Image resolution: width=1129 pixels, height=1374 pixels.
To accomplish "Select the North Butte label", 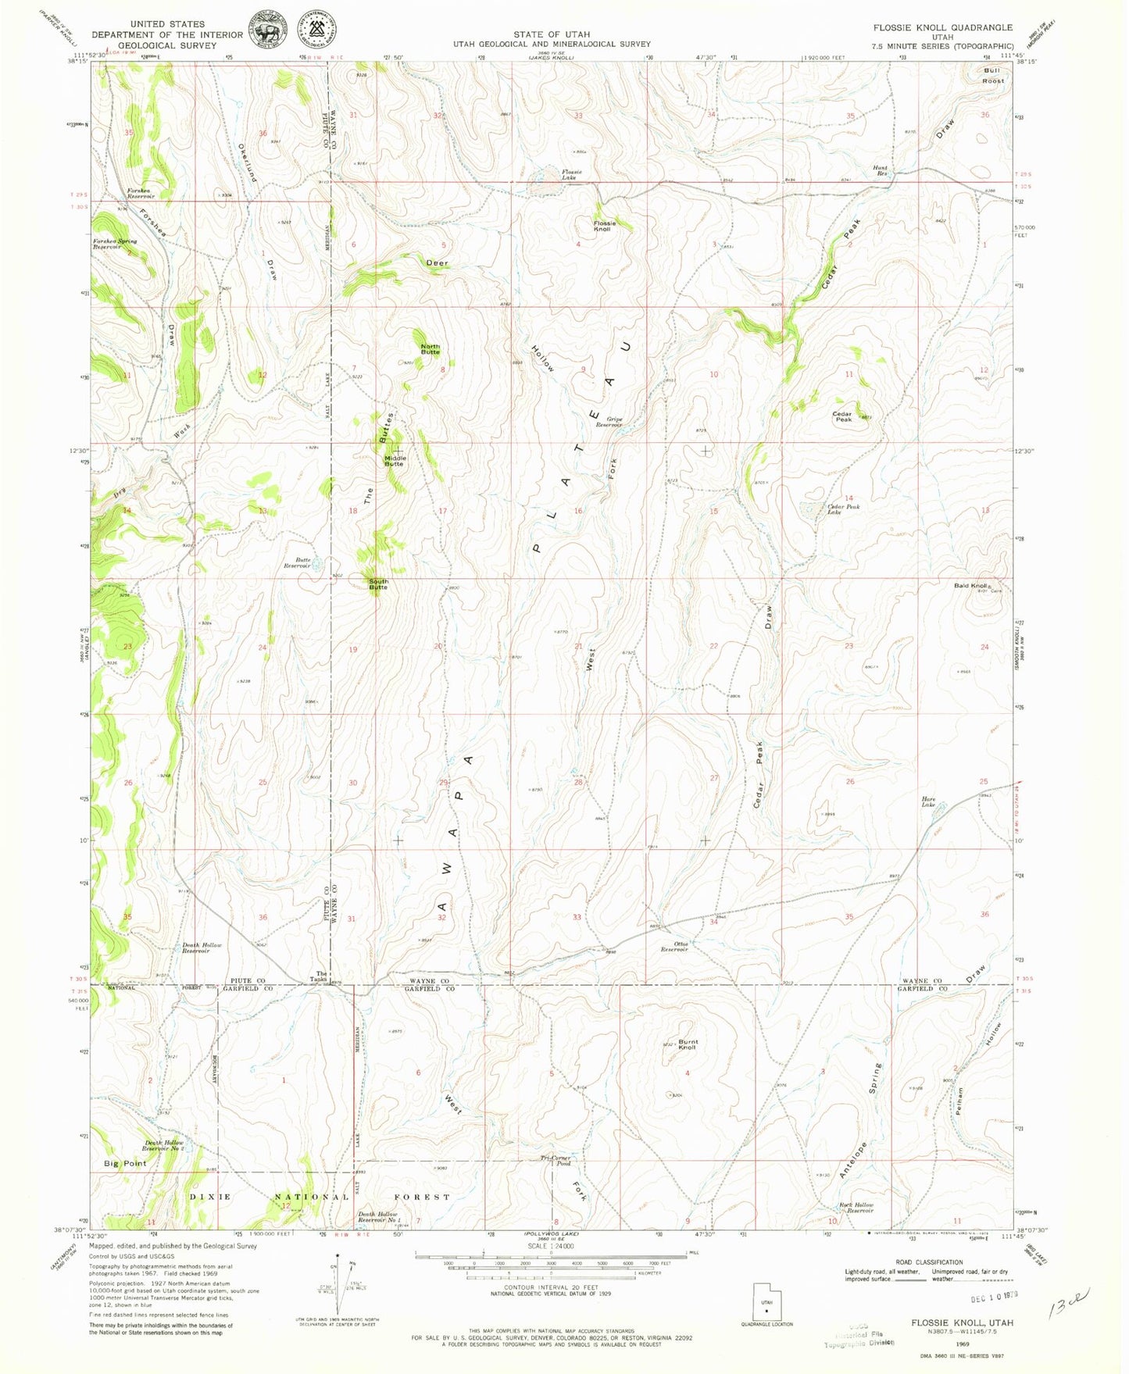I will click(x=431, y=349).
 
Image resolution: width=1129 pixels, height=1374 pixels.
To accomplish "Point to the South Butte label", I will click(x=378, y=584).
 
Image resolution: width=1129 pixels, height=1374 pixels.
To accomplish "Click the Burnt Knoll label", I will click(x=688, y=1044).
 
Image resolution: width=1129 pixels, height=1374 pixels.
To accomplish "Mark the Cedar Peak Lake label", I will click(x=843, y=509).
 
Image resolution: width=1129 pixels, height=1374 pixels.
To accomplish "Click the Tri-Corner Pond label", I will click(x=556, y=1160).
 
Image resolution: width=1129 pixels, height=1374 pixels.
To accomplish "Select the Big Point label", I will click(x=125, y=1163).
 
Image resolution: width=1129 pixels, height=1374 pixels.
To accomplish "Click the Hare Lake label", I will click(x=928, y=801).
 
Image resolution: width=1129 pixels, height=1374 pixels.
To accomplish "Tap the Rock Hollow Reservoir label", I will click(x=857, y=1208).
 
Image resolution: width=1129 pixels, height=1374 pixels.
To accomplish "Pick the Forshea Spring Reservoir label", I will click(x=115, y=244).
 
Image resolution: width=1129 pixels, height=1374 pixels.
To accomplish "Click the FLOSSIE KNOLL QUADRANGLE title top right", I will click(x=942, y=27).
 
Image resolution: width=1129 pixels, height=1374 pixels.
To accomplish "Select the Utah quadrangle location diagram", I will click(x=766, y=1304).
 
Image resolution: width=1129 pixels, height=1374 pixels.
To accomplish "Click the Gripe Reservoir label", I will click(x=609, y=422).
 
